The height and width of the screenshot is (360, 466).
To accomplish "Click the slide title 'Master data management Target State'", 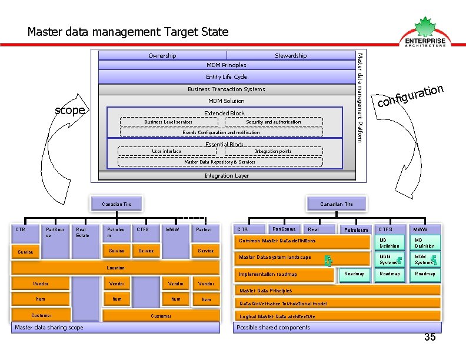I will tap(128, 32).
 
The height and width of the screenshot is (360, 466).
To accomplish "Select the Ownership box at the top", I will tap(162, 56).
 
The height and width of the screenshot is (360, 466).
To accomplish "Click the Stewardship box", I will tap(291, 56).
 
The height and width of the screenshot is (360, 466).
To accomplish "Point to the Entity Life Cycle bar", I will tap(227, 77).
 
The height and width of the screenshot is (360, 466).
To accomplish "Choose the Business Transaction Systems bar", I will tap(227, 89).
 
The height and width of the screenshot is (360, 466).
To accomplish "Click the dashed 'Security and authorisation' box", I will tap(273, 122).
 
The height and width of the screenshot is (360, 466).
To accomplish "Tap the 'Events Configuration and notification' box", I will tap(221, 132).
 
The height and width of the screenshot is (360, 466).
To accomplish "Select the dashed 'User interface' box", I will tap(167, 151).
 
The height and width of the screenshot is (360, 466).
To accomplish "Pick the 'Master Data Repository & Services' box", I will tap(220, 162).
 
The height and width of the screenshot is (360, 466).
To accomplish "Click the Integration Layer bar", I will tap(227, 176).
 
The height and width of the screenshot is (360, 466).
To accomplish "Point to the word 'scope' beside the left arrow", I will tap(70, 110).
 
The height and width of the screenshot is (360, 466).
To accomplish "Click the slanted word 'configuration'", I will tap(410, 96).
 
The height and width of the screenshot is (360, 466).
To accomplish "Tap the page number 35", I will tap(430, 337).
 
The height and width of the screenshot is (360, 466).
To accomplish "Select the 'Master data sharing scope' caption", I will tap(49, 328).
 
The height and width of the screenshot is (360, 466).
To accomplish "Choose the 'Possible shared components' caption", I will tap(273, 328).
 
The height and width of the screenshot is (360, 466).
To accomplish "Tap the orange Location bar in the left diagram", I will tap(115, 268).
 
